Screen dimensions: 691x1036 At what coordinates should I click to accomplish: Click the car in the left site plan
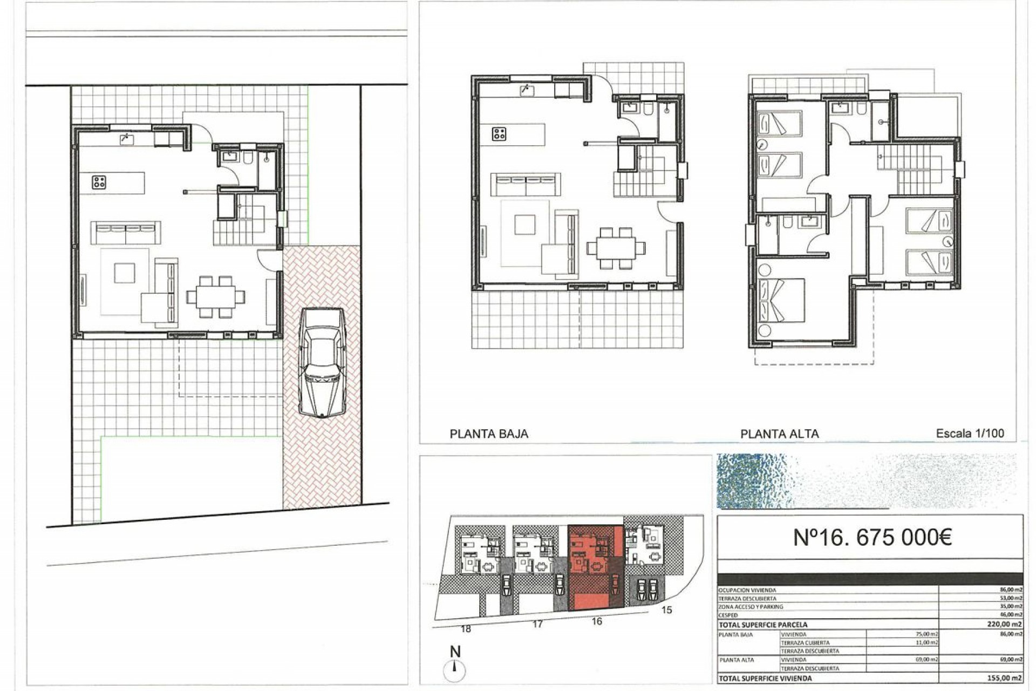pos(322,362)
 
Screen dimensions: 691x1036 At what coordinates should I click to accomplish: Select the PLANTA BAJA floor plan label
pos(489,433)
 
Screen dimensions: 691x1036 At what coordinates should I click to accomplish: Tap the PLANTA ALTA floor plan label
pos(779,433)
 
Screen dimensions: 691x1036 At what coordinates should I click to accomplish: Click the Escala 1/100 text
pos(970,433)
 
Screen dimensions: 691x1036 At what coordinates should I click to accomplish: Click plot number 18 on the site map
pos(466,629)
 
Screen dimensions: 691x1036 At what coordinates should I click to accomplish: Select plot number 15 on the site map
pos(667,610)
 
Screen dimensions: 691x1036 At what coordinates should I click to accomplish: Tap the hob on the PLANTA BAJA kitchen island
pos(499,134)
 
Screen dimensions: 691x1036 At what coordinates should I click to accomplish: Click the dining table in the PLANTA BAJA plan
pos(615,248)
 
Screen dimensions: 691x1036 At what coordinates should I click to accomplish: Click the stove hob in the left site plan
pos(99,182)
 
